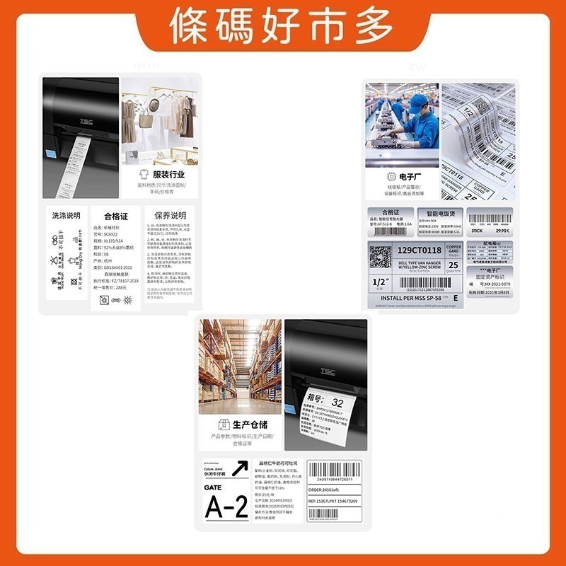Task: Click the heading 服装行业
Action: tap(168, 174)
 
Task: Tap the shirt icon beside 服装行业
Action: tap(144, 174)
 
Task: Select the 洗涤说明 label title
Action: tap(66, 215)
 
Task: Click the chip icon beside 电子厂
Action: tap(391, 177)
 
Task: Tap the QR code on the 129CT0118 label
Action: tap(380, 255)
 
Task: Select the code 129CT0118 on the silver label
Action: tap(419, 250)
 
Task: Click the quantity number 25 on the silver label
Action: tap(454, 264)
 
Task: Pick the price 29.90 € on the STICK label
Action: tap(501, 231)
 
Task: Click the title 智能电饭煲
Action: tap(440, 212)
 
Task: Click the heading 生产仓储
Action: tap(250, 424)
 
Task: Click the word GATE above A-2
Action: tap(213, 488)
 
